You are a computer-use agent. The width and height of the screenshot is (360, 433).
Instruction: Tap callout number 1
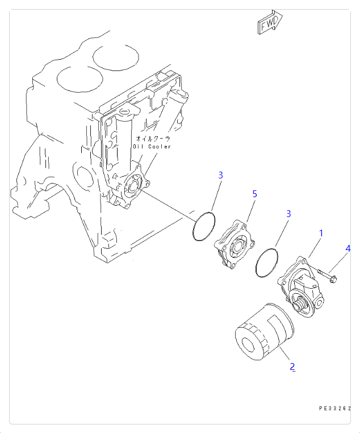321,233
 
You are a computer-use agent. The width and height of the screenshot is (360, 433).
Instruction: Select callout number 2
292,367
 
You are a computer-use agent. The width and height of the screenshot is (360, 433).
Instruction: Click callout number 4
348,248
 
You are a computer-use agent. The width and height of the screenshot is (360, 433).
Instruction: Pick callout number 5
254,194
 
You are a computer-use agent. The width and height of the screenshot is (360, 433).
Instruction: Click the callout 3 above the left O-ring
220,175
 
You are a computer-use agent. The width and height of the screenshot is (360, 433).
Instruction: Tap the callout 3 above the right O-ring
288,214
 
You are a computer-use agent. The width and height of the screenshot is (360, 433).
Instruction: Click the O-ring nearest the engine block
204,227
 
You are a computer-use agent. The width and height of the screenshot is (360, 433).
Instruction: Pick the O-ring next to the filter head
267,262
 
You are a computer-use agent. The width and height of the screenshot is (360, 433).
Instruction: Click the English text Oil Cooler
152,147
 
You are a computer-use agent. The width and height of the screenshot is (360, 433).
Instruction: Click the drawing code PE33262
334,408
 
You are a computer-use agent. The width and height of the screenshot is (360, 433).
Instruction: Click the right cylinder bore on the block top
116,55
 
